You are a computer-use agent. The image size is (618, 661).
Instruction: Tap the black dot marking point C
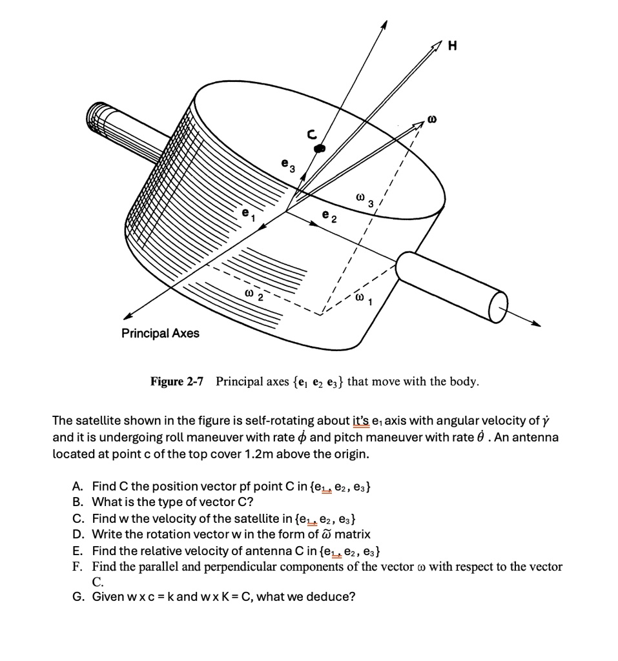click(318, 148)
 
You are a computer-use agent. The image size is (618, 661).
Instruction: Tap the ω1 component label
click(363, 298)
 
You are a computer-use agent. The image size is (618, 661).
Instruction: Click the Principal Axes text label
click(161, 333)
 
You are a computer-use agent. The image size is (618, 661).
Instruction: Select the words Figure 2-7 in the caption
click(176, 381)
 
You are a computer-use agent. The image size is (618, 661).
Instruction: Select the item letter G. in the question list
click(77, 596)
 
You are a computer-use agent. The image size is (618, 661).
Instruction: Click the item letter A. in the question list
click(77, 485)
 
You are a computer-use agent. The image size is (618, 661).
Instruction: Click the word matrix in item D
click(353, 534)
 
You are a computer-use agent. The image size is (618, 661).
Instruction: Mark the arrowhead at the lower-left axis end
click(128, 316)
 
